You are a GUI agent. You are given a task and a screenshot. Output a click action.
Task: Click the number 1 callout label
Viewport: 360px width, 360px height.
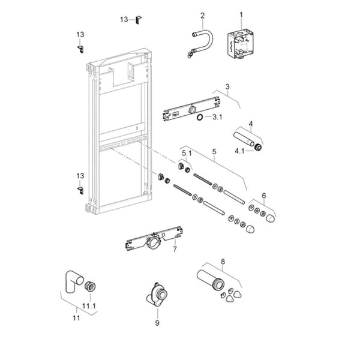tap(241, 14)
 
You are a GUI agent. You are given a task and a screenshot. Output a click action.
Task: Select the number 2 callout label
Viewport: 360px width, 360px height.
tap(202, 16)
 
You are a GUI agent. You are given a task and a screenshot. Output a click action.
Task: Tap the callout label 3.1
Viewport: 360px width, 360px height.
tap(218, 117)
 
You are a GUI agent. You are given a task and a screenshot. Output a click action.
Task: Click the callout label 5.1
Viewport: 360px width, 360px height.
tap(187, 153)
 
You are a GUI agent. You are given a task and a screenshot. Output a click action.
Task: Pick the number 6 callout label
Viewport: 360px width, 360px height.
tap(263, 195)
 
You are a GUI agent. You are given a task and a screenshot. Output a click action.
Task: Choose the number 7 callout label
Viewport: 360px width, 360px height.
tap(175, 248)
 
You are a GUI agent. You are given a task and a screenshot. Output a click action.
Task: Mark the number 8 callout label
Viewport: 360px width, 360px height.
tap(223, 261)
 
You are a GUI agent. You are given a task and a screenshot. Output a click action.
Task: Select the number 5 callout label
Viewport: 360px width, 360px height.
tap(214, 152)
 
